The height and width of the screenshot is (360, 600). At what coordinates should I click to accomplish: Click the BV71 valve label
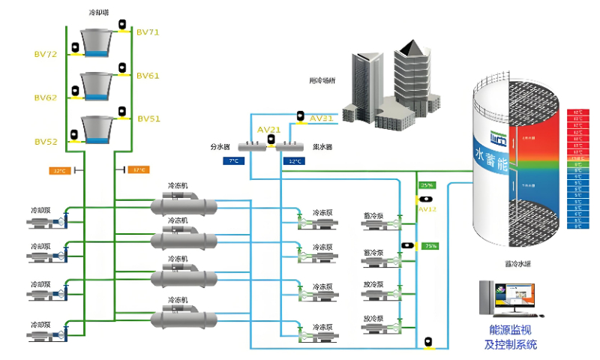point(148,32)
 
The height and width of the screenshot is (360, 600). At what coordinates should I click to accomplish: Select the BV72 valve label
point(46,54)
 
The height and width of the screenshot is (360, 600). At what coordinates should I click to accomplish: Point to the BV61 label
point(148,76)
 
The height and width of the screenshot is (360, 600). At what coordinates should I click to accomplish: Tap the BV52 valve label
point(46,142)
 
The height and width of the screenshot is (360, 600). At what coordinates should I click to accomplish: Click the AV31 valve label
point(321,118)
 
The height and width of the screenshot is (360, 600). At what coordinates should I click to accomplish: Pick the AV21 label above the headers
point(269,129)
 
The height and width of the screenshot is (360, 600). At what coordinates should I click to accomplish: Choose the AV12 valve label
point(427,209)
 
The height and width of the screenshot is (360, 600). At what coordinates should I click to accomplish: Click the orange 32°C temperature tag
point(59,171)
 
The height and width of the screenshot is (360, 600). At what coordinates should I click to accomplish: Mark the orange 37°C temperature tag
point(139,170)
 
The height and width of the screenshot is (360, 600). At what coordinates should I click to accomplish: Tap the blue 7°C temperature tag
point(233,160)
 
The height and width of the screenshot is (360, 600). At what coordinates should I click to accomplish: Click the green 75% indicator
point(430,246)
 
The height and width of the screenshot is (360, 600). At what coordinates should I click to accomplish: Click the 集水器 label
point(322,147)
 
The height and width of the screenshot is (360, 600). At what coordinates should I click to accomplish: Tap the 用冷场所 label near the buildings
point(322,80)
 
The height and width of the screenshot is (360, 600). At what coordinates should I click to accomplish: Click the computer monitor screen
point(517,298)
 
